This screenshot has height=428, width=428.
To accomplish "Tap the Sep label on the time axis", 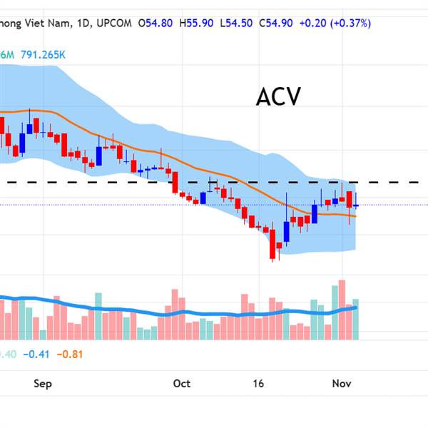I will [43, 384].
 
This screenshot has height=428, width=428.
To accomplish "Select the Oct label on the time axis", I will [181, 384].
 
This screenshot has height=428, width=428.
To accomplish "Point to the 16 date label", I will [258, 384].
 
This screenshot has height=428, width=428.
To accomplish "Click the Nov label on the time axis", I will [342, 384].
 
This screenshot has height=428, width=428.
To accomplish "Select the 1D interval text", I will [84, 23].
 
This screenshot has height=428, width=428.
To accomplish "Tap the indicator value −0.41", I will [35, 354].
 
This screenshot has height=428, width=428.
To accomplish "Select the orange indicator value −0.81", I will [70, 354].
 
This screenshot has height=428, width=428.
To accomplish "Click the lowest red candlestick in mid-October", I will [272, 244].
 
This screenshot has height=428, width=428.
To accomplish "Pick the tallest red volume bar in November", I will [342, 309].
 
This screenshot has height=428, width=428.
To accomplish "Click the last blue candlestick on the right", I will [355, 205].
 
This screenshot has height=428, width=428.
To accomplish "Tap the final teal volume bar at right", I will [355, 318].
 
